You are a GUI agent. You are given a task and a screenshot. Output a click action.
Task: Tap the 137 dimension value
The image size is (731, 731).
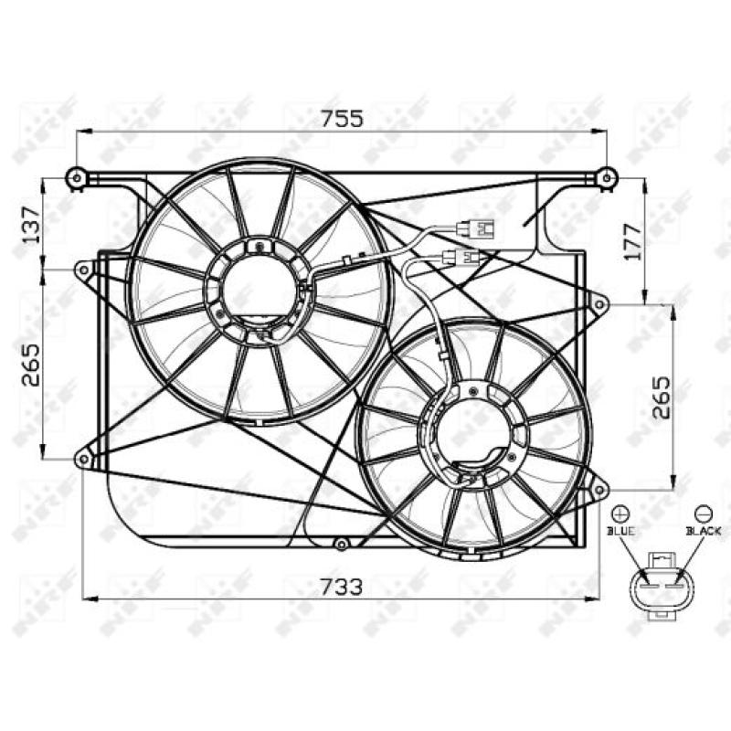31,223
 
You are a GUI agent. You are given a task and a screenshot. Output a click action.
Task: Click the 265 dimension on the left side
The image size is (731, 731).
31,365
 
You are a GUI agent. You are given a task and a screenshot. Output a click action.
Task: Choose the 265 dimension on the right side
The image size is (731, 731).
661,396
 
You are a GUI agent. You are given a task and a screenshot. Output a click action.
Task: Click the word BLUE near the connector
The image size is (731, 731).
620,530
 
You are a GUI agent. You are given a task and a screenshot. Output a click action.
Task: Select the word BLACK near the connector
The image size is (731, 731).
704,530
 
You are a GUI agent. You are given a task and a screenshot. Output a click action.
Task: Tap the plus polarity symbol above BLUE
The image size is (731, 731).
620,514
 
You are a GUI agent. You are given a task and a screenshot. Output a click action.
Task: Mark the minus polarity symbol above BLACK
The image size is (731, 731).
703,514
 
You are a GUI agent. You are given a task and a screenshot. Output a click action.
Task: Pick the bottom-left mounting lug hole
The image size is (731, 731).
83,459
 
